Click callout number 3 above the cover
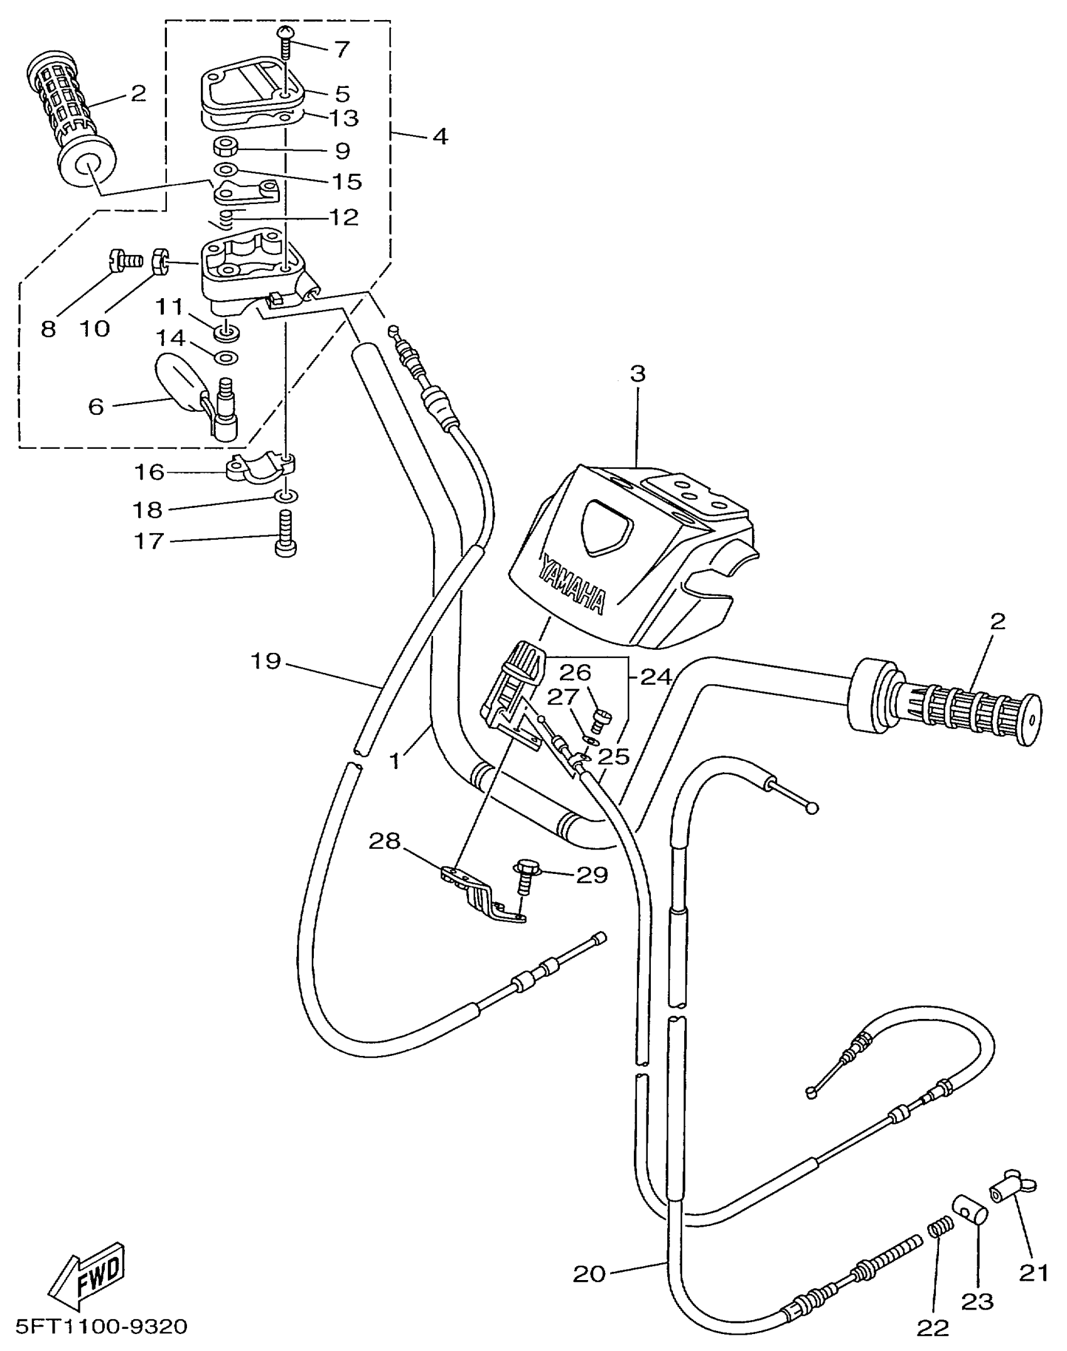637,374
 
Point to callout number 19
265,661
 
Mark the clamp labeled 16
260,471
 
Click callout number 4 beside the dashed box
441,136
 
